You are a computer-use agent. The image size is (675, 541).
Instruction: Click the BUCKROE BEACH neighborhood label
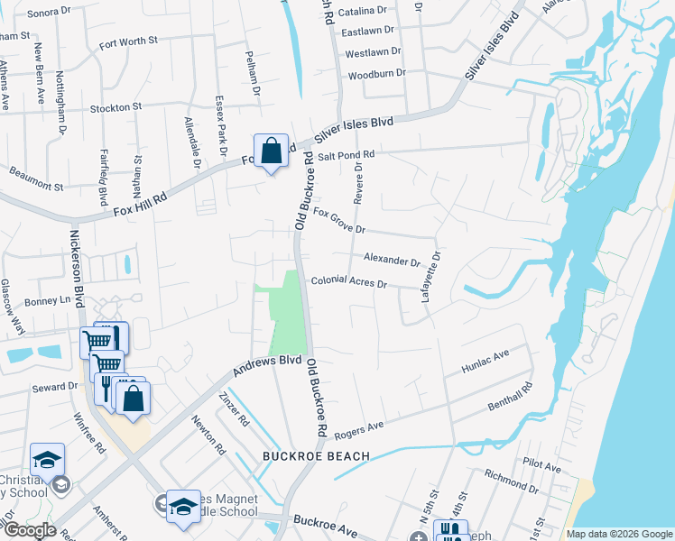point(316,456)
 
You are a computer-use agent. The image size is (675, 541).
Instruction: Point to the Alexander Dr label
point(392,260)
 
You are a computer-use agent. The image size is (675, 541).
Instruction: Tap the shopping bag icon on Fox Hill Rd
point(271,151)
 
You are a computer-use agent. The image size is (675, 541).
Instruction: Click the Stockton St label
point(116,107)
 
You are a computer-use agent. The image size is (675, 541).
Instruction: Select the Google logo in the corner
point(30,530)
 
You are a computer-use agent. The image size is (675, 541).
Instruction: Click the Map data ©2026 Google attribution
point(618,534)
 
